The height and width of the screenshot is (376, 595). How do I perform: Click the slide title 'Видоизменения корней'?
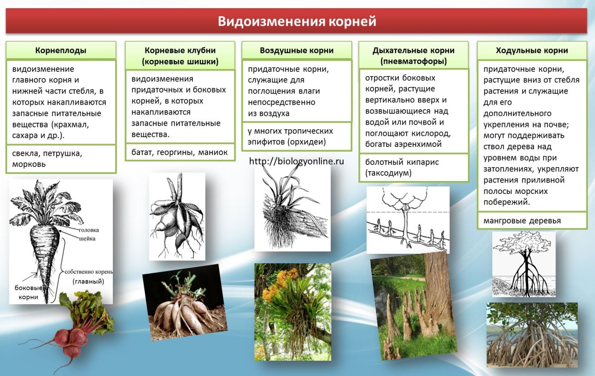coord(297,22)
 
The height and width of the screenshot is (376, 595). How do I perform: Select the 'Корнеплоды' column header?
coord(61,50)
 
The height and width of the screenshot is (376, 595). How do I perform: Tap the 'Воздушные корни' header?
coord(297,50)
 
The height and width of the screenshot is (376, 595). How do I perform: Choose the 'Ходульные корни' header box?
coord(532,50)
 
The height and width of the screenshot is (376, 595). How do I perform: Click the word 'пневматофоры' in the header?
coord(414,61)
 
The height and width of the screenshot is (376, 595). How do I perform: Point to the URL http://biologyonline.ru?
coord(296,161)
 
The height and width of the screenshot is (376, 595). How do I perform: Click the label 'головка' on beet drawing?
coord(89,230)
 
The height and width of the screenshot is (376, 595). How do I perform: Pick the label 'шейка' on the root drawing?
coord(87,239)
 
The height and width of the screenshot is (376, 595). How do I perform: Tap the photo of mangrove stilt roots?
coord(532,335)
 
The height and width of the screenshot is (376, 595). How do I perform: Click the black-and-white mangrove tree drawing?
coord(523,264)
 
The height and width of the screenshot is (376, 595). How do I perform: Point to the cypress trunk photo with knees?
coord(412,309)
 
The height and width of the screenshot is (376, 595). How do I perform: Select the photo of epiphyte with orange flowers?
coord(292,311)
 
